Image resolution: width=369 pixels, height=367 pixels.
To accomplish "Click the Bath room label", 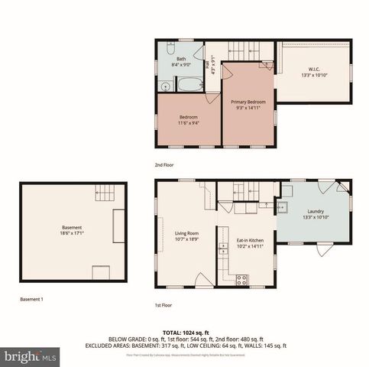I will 181,58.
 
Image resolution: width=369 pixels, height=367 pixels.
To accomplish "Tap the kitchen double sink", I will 224,248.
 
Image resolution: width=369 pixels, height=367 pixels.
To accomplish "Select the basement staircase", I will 105,193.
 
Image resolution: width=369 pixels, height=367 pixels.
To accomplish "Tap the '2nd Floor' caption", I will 163,165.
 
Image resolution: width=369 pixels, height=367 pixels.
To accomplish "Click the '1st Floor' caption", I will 163,304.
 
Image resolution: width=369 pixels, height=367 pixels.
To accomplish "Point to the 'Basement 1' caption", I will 31,299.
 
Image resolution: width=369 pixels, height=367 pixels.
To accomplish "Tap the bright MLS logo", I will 31,356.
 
